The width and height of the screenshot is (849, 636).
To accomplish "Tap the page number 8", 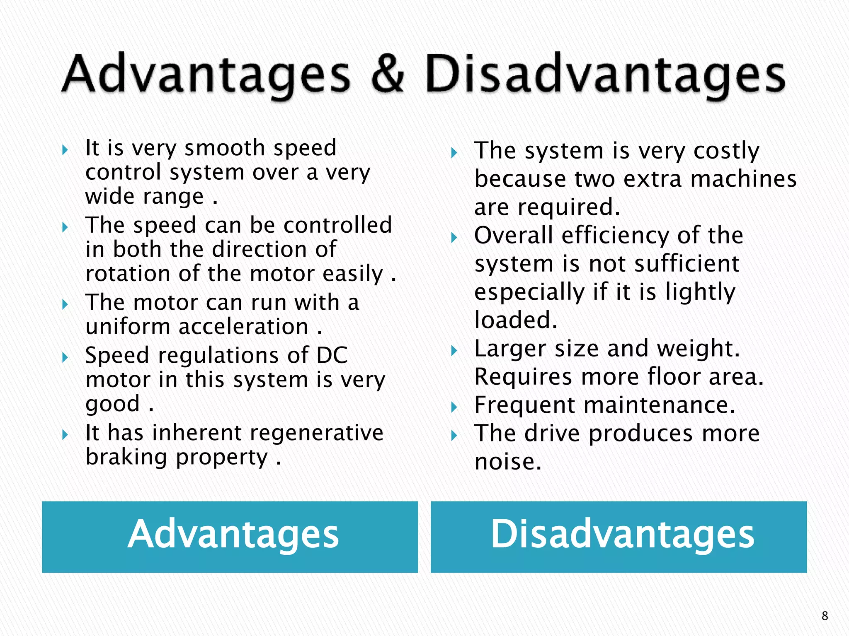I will (x=825, y=616).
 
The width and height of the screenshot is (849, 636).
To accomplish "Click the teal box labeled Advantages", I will (x=230, y=537).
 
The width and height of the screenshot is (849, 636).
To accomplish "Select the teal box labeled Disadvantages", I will (x=619, y=537).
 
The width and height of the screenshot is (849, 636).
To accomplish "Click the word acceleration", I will (x=243, y=327).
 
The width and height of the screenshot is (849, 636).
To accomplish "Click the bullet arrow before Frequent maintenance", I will (x=454, y=407).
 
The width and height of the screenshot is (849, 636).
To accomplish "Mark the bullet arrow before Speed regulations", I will (x=65, y=357).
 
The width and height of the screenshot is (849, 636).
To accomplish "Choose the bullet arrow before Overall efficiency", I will (x=454, y=237).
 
